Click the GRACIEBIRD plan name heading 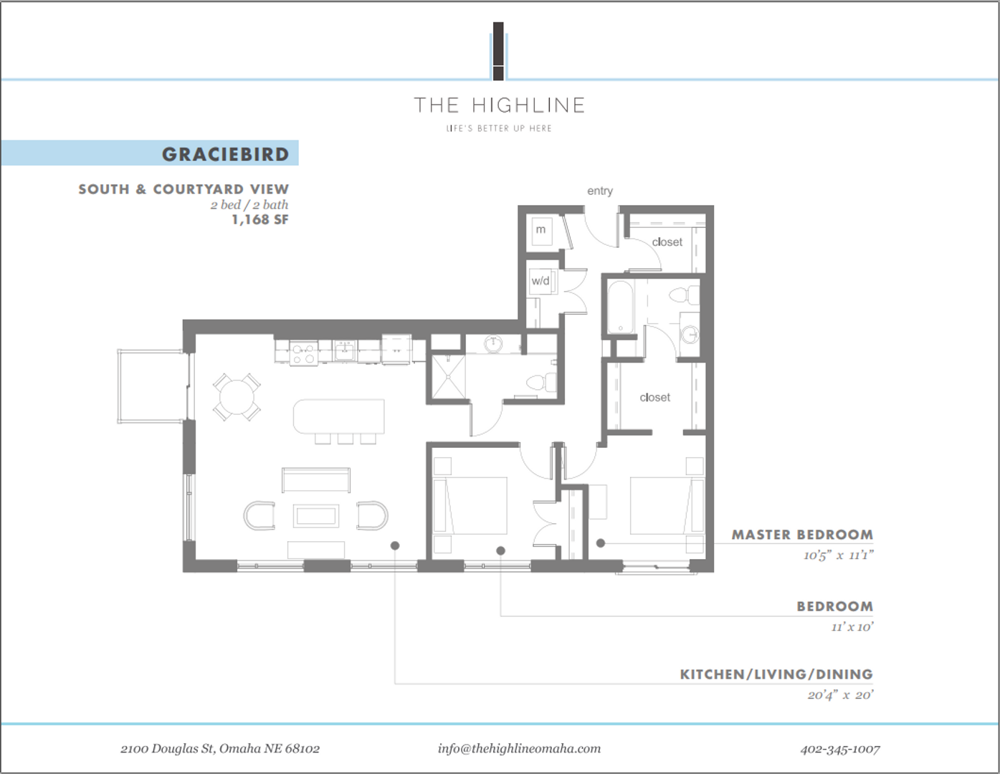[225, 154]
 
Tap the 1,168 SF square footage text [259, 220]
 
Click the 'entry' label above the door [599, 191]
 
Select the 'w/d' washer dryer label [541, 281]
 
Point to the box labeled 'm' [541, 230]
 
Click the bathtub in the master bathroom [621, 307]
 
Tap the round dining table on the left [237, 396]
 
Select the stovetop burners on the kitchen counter [304, 352]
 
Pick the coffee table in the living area [316, 516]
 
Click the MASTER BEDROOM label [801, 535]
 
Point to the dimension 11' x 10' [852, 627]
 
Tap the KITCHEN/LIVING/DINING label [776, 674]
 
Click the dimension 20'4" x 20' [840, 695]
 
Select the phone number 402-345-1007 [839, 749]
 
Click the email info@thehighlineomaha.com [519, 748]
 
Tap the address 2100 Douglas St [220, 749]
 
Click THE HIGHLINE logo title [500, 105]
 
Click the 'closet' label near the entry [667, 242]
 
